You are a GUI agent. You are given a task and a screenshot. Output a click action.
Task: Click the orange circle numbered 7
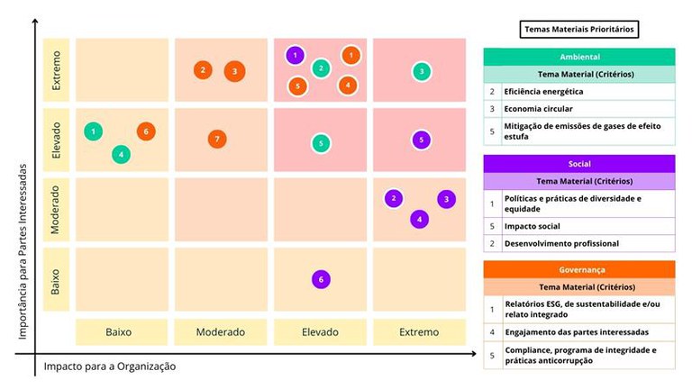tap(215, 139)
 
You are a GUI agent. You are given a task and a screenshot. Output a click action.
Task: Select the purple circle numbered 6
tap(320, 280)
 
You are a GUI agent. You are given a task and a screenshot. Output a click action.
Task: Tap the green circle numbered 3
tap(421, 71)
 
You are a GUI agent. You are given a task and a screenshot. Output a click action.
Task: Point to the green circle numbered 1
tap(93, 131)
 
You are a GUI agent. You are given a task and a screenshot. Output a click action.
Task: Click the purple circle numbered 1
tap(295, 56)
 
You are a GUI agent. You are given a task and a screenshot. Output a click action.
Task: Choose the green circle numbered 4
tap(121, 154)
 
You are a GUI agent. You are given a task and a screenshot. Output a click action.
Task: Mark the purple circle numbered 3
tap(446, 199)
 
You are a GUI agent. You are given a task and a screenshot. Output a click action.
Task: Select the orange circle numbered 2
tap(204, 70)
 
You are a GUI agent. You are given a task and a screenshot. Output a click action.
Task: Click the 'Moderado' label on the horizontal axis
tap(221, 332)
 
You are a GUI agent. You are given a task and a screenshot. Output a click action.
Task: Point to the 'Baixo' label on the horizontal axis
tap(119, 332)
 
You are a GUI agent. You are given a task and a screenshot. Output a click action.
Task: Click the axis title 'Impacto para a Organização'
tap(110, 366)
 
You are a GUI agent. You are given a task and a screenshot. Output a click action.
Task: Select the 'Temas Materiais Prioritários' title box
tap(579, 30)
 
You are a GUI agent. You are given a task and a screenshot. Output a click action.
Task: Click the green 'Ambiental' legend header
tap(579, 57)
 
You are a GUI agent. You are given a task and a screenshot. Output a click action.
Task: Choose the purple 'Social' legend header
tap(579, 164)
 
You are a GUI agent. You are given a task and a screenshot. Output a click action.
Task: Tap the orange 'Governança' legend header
tap(579, 269)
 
